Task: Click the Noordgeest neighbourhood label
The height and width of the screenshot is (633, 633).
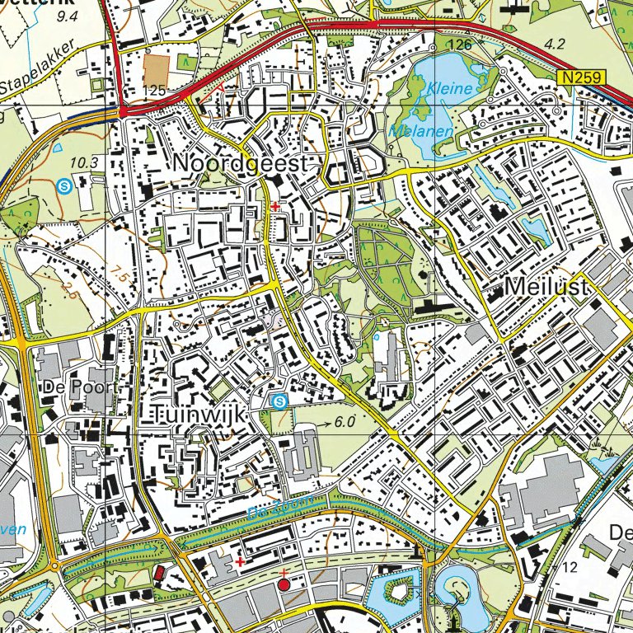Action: [243, 164]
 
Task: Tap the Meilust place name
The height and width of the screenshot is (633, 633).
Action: [548, 287]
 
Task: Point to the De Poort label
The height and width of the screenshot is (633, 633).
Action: [77, 387]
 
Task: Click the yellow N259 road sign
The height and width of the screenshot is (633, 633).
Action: [580, 77]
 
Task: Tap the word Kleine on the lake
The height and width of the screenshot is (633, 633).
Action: [450, 88]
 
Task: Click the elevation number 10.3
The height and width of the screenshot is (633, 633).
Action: [84, 163]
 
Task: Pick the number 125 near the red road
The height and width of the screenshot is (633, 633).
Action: [155, 90]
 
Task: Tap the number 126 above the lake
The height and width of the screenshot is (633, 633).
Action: [461, 44]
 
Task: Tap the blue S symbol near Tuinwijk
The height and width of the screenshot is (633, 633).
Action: [279, 401]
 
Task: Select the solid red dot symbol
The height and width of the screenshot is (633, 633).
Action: [284, 585]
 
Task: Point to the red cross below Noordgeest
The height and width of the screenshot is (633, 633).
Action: [274, 207]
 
